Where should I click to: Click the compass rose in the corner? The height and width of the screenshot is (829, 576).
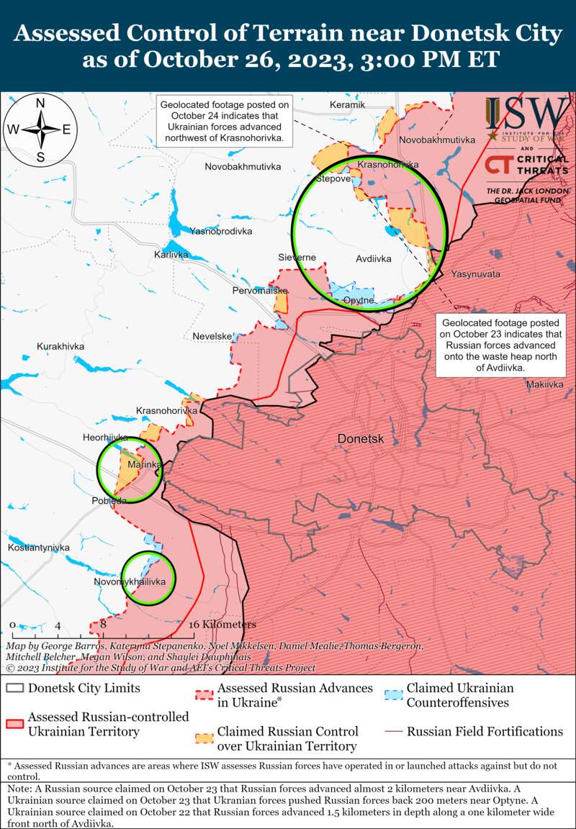click(41, 130)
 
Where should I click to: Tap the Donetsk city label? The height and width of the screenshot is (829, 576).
click(361, 439)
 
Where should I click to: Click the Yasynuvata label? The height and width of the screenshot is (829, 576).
click(475, 274)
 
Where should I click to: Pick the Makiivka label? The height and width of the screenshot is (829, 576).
click(544, 385)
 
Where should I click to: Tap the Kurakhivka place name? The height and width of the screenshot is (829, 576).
click(60, 347)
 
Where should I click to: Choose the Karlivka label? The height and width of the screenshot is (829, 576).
click(171, 255)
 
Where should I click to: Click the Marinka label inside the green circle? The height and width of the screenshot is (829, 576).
click(141, 466)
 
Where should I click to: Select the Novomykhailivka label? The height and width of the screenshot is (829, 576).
click(135, 581)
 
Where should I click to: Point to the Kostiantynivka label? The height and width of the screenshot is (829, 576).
click(39, 548)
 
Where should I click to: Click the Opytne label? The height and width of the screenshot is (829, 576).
click(358, 300)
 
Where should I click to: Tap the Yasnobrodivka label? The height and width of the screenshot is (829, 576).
click(221, 231)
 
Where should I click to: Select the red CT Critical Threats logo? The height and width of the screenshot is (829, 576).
click(526, 165)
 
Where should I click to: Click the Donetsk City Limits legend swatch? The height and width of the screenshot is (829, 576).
click(14, 688)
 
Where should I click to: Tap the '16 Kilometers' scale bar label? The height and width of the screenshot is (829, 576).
click(223, 624)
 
